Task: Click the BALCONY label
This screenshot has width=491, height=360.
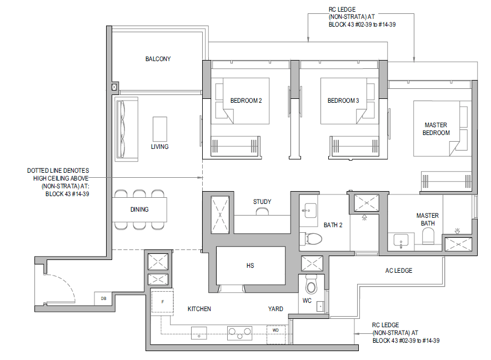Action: tap(158, 59)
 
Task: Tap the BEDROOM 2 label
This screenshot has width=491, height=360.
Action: tap(246, 101)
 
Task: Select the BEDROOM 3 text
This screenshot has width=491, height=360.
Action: tap(343, 101)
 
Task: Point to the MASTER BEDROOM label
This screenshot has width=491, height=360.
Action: tap(436, 129)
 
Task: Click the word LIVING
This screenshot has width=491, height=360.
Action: tap(160, 147)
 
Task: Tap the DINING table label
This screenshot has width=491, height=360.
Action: tap(139, 209)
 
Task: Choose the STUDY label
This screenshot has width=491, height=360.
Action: tap(262, 202)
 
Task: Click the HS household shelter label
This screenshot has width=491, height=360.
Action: tap(250, 266)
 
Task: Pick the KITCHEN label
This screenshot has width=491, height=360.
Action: tap(199, 309)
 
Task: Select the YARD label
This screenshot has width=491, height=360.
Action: tap(275, 309)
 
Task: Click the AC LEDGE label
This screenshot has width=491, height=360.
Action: tap(399, 271)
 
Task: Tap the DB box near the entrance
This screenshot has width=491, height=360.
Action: tap(103, 298)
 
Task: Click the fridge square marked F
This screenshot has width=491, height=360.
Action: tap(163, 302)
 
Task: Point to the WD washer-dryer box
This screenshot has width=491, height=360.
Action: tap(276, 334)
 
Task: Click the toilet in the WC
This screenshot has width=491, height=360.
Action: tap(311, 284)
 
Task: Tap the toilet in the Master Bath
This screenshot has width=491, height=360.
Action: tap(428, 236)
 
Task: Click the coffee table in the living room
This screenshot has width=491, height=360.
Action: tap(160, 129)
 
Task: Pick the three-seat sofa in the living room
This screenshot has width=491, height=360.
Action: tap(126, 129)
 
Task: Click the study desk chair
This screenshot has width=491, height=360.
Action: tap(262, 212)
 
